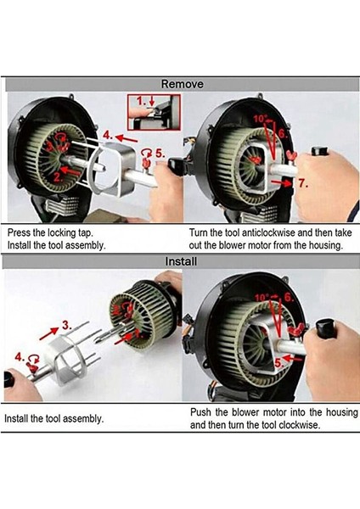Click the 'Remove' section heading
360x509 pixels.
pos(183,84)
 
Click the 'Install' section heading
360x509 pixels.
pos(181,261)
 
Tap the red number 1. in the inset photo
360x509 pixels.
pos(141,101)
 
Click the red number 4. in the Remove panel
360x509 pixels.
pos(108,134)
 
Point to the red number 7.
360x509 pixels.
pos(303,183)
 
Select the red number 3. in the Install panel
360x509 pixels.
pos(66,325)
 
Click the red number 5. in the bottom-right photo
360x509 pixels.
pos(278,363)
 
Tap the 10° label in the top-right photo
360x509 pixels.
pos(260,119)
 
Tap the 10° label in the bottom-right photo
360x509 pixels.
pos(262,298)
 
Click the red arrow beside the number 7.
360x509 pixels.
pos(282,182)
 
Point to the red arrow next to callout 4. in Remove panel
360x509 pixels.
pos(127,138)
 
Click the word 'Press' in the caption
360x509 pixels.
pos(19,232)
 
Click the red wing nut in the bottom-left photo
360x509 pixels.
pos(32,366)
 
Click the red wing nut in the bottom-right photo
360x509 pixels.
pos(297,330)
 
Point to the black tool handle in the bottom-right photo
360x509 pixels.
pos(327,327)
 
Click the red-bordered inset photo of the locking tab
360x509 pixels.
pos(154,112)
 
